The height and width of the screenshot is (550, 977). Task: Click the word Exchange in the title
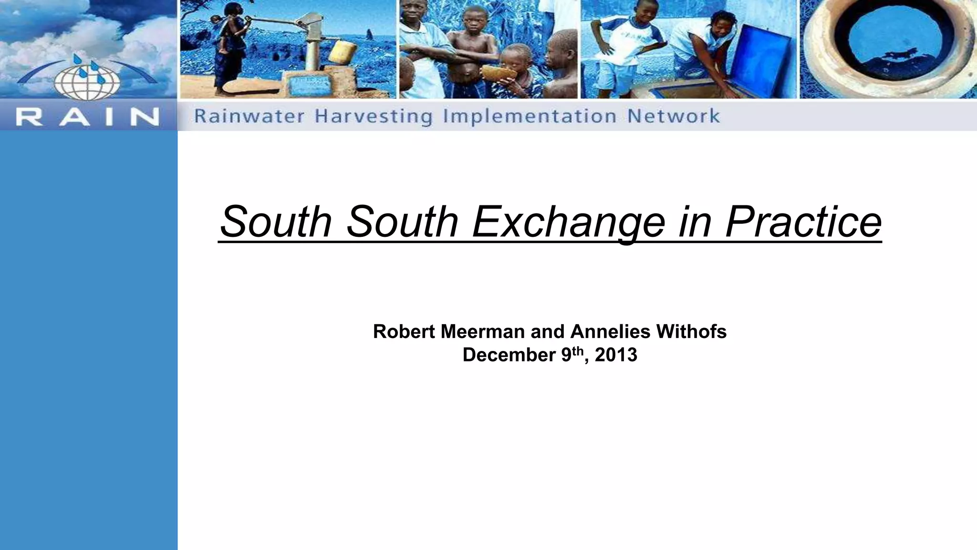(x=568, y=222)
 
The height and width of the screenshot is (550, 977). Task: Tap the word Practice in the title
(x=803, y=222)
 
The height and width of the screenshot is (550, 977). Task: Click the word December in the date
(x=509, y=355)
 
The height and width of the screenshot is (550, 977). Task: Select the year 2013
(x=616, y=355)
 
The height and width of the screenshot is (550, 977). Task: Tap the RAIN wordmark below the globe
(x=87, y=116)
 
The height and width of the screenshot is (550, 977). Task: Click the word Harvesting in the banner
(x=374, y=116)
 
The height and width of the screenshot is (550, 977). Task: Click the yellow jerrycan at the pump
(x=342, y=52)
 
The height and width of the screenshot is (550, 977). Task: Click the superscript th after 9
(x=577, y=350)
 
